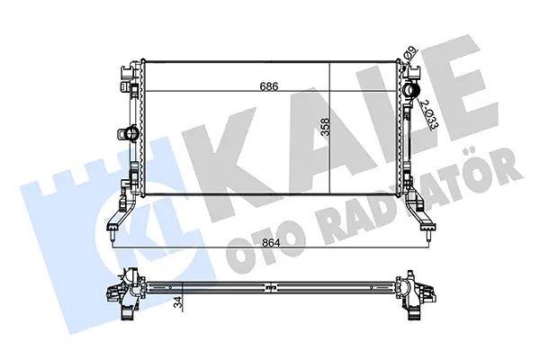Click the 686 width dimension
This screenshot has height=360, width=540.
268,85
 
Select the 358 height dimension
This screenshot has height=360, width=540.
325,127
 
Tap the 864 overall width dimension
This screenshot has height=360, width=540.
271,242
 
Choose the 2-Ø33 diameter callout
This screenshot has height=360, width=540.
430,114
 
